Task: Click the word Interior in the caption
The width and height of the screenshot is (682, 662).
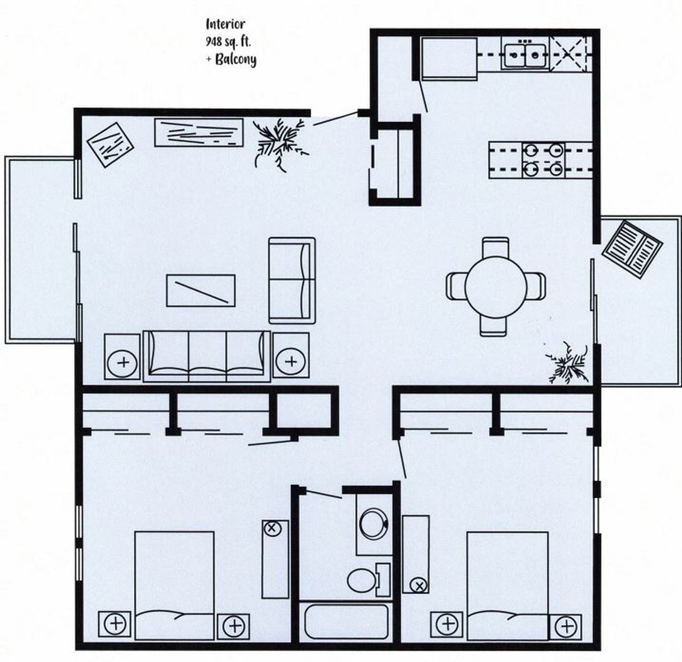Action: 225,25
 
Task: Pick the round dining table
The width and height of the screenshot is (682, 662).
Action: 495,286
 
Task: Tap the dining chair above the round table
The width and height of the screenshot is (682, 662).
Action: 495,248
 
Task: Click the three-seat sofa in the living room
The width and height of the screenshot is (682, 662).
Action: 206,356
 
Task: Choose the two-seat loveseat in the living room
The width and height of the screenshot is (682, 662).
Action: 292,280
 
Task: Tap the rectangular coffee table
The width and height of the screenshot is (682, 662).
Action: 201,291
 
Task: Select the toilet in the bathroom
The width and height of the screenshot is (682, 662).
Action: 365,579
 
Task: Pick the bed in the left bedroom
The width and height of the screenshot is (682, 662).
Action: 174,585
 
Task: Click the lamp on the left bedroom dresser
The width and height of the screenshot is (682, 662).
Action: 273,528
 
